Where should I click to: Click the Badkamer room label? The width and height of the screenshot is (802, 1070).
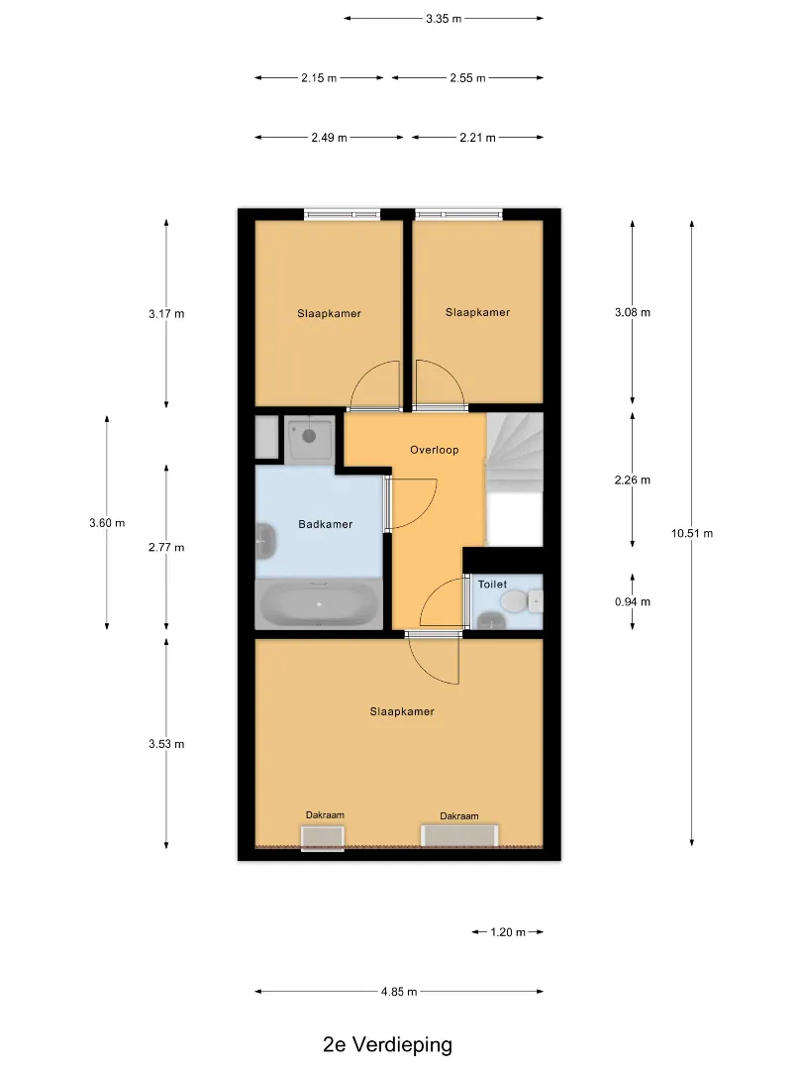(326, 524)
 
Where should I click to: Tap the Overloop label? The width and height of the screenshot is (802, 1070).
(435, 450)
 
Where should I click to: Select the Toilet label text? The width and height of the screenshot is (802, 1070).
(492, 585)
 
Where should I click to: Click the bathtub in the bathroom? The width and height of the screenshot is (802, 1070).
(319, 604)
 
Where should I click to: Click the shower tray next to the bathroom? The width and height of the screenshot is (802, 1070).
(310, 438)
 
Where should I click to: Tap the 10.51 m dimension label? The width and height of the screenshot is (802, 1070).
(692, 534)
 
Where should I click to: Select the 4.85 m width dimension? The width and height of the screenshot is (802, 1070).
(399, 992)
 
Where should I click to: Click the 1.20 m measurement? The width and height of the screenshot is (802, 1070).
(508, 932)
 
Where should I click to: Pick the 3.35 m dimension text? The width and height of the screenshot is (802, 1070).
(444, 19)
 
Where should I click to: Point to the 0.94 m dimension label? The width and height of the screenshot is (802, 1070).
(633, 602)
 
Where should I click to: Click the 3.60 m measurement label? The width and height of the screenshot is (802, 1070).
(107, 523)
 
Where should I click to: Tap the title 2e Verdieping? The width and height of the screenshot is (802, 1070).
(387, 1045)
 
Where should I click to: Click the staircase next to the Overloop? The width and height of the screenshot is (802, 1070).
(515, 451)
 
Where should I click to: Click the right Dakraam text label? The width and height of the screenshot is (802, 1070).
(459, 816)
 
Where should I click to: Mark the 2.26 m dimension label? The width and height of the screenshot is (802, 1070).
(633, 481)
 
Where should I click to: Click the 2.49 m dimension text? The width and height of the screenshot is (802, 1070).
(330, 138)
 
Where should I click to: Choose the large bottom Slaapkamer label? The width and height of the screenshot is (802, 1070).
(402, 711)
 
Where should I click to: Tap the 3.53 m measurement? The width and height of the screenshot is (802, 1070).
(167, 744)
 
